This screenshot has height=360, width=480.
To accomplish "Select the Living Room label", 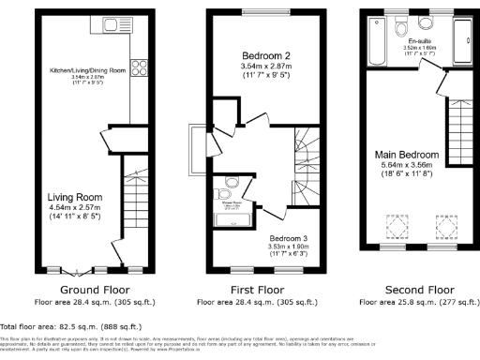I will point(75,197).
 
